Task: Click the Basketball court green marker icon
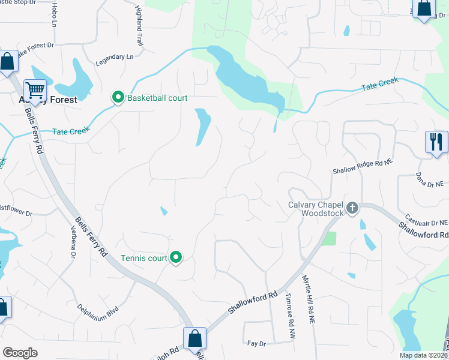coord(118,97)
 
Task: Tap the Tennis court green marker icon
coord(176,258)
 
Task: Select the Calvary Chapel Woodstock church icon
coord(352,208)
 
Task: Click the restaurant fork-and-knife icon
coord(436,142)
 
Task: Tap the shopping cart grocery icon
coord(35,91)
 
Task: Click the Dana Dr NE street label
coord(430,179)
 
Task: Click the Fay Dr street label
coord(256,343)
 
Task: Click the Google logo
coord(20,353)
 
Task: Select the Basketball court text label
coord(158,98)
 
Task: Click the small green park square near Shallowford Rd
coord(328,238)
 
